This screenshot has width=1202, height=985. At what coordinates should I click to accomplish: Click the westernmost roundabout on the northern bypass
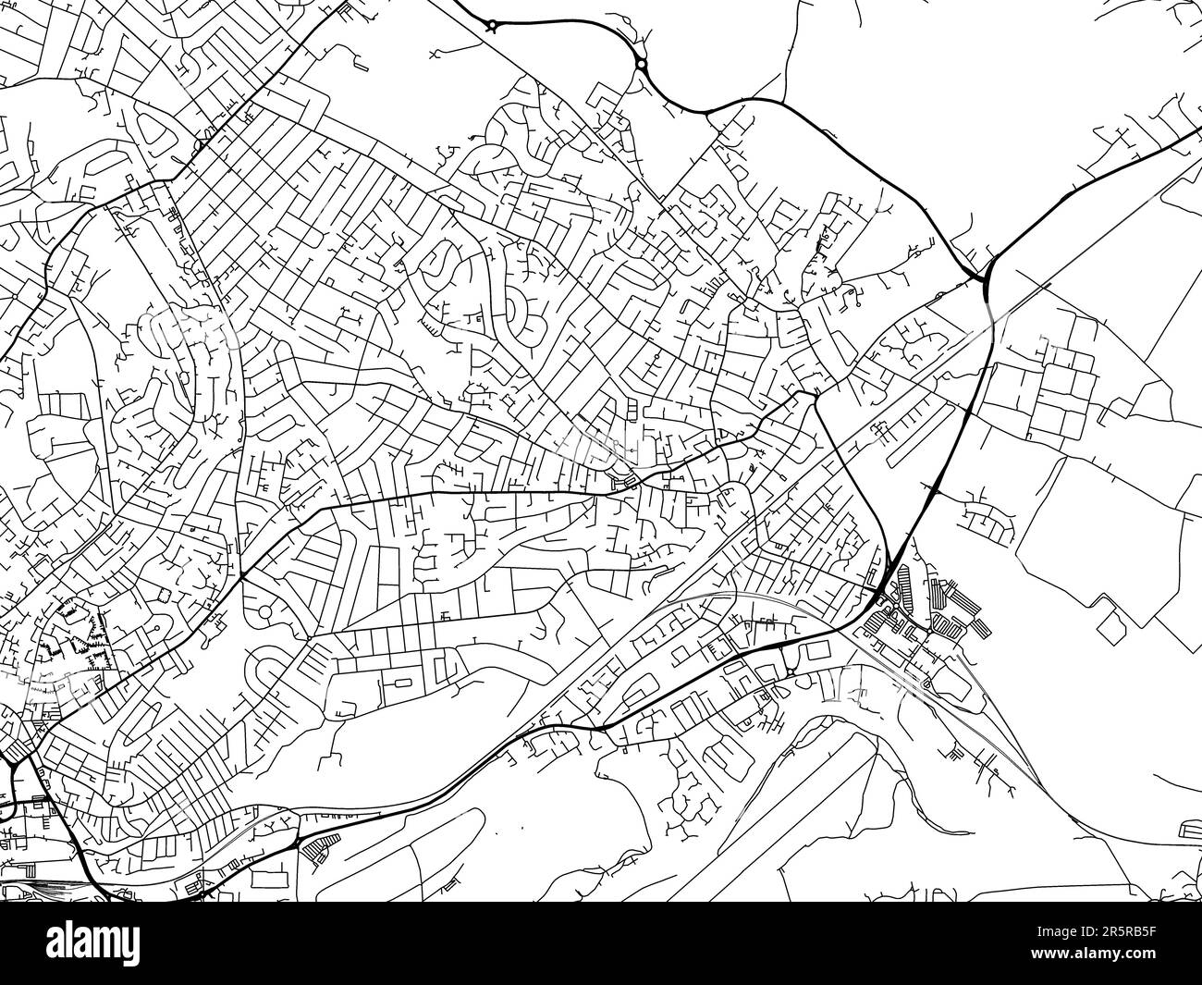click(493, 26)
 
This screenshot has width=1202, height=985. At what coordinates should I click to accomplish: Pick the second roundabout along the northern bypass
click(640, 64)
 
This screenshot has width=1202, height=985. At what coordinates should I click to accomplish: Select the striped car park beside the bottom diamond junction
click(319, 846)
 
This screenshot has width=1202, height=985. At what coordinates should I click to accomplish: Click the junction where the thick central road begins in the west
click(242, 576)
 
